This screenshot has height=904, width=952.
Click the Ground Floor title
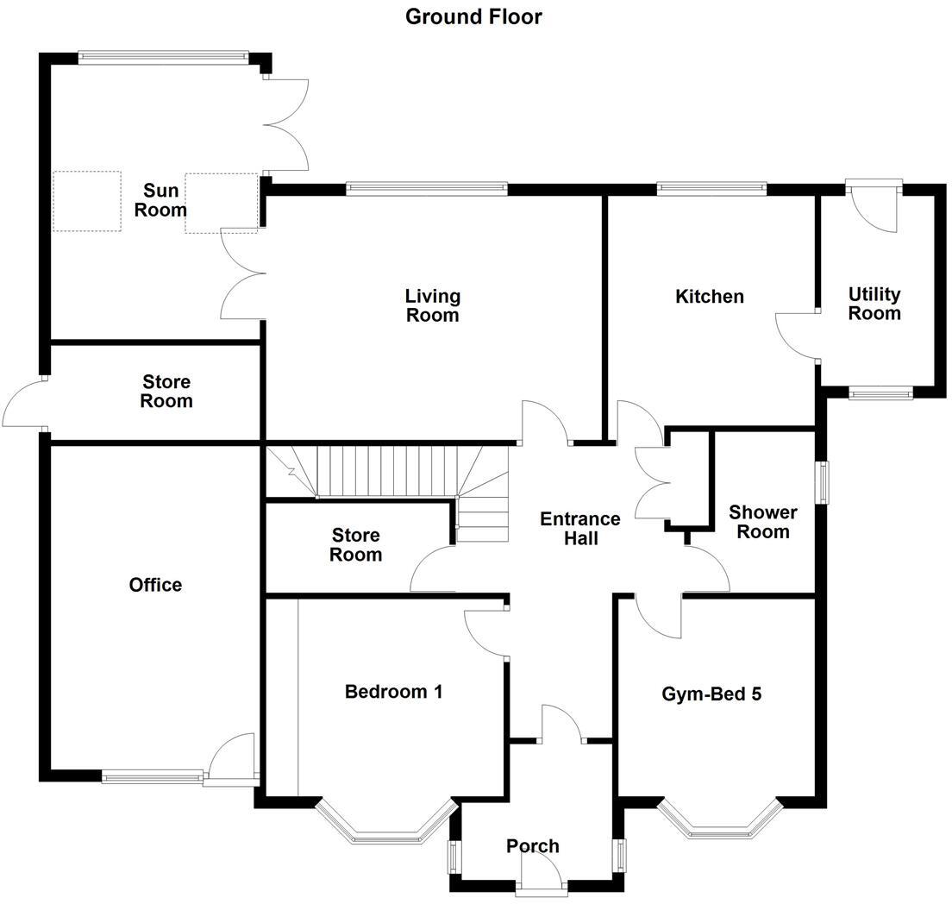(473, 16)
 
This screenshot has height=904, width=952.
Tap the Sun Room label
(166, 200)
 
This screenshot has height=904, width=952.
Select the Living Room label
(433, 306)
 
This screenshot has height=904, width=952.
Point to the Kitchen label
(709, 297)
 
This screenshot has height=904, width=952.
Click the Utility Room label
(874, 304)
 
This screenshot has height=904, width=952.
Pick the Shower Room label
(762, 522)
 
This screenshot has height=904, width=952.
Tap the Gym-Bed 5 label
(711, 694)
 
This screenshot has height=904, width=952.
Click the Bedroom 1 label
(393, 691)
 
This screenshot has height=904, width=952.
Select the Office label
(155, 585)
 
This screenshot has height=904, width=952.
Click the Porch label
(533, 846)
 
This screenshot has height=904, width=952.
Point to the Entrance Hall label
(579, 528)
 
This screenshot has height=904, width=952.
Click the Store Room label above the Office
(166, 392)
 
